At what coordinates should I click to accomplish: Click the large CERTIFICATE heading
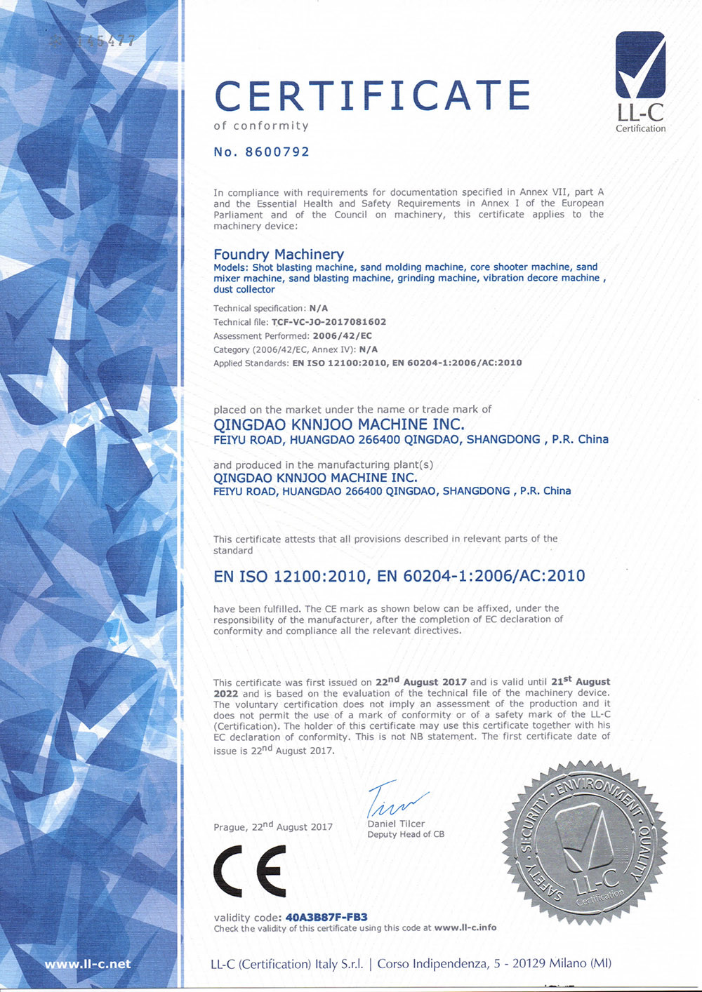pos(372,95)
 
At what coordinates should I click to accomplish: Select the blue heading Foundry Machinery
pos(279,254)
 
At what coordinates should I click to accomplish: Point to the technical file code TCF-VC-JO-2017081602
pos(329,322)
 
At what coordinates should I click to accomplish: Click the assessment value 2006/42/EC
pos(342,336)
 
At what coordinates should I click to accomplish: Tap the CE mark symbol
pos(250,871)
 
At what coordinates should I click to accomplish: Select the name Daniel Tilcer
pos(396,824)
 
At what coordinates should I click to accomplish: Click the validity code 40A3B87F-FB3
pos(326,917)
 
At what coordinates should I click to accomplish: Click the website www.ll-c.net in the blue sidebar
pos(88,964)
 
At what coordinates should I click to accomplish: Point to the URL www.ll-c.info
pos(465,927)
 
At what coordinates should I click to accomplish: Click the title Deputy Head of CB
pos(406,834)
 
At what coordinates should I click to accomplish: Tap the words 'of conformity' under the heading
pos(261,126)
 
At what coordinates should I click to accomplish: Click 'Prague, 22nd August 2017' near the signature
pos(273,826)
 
